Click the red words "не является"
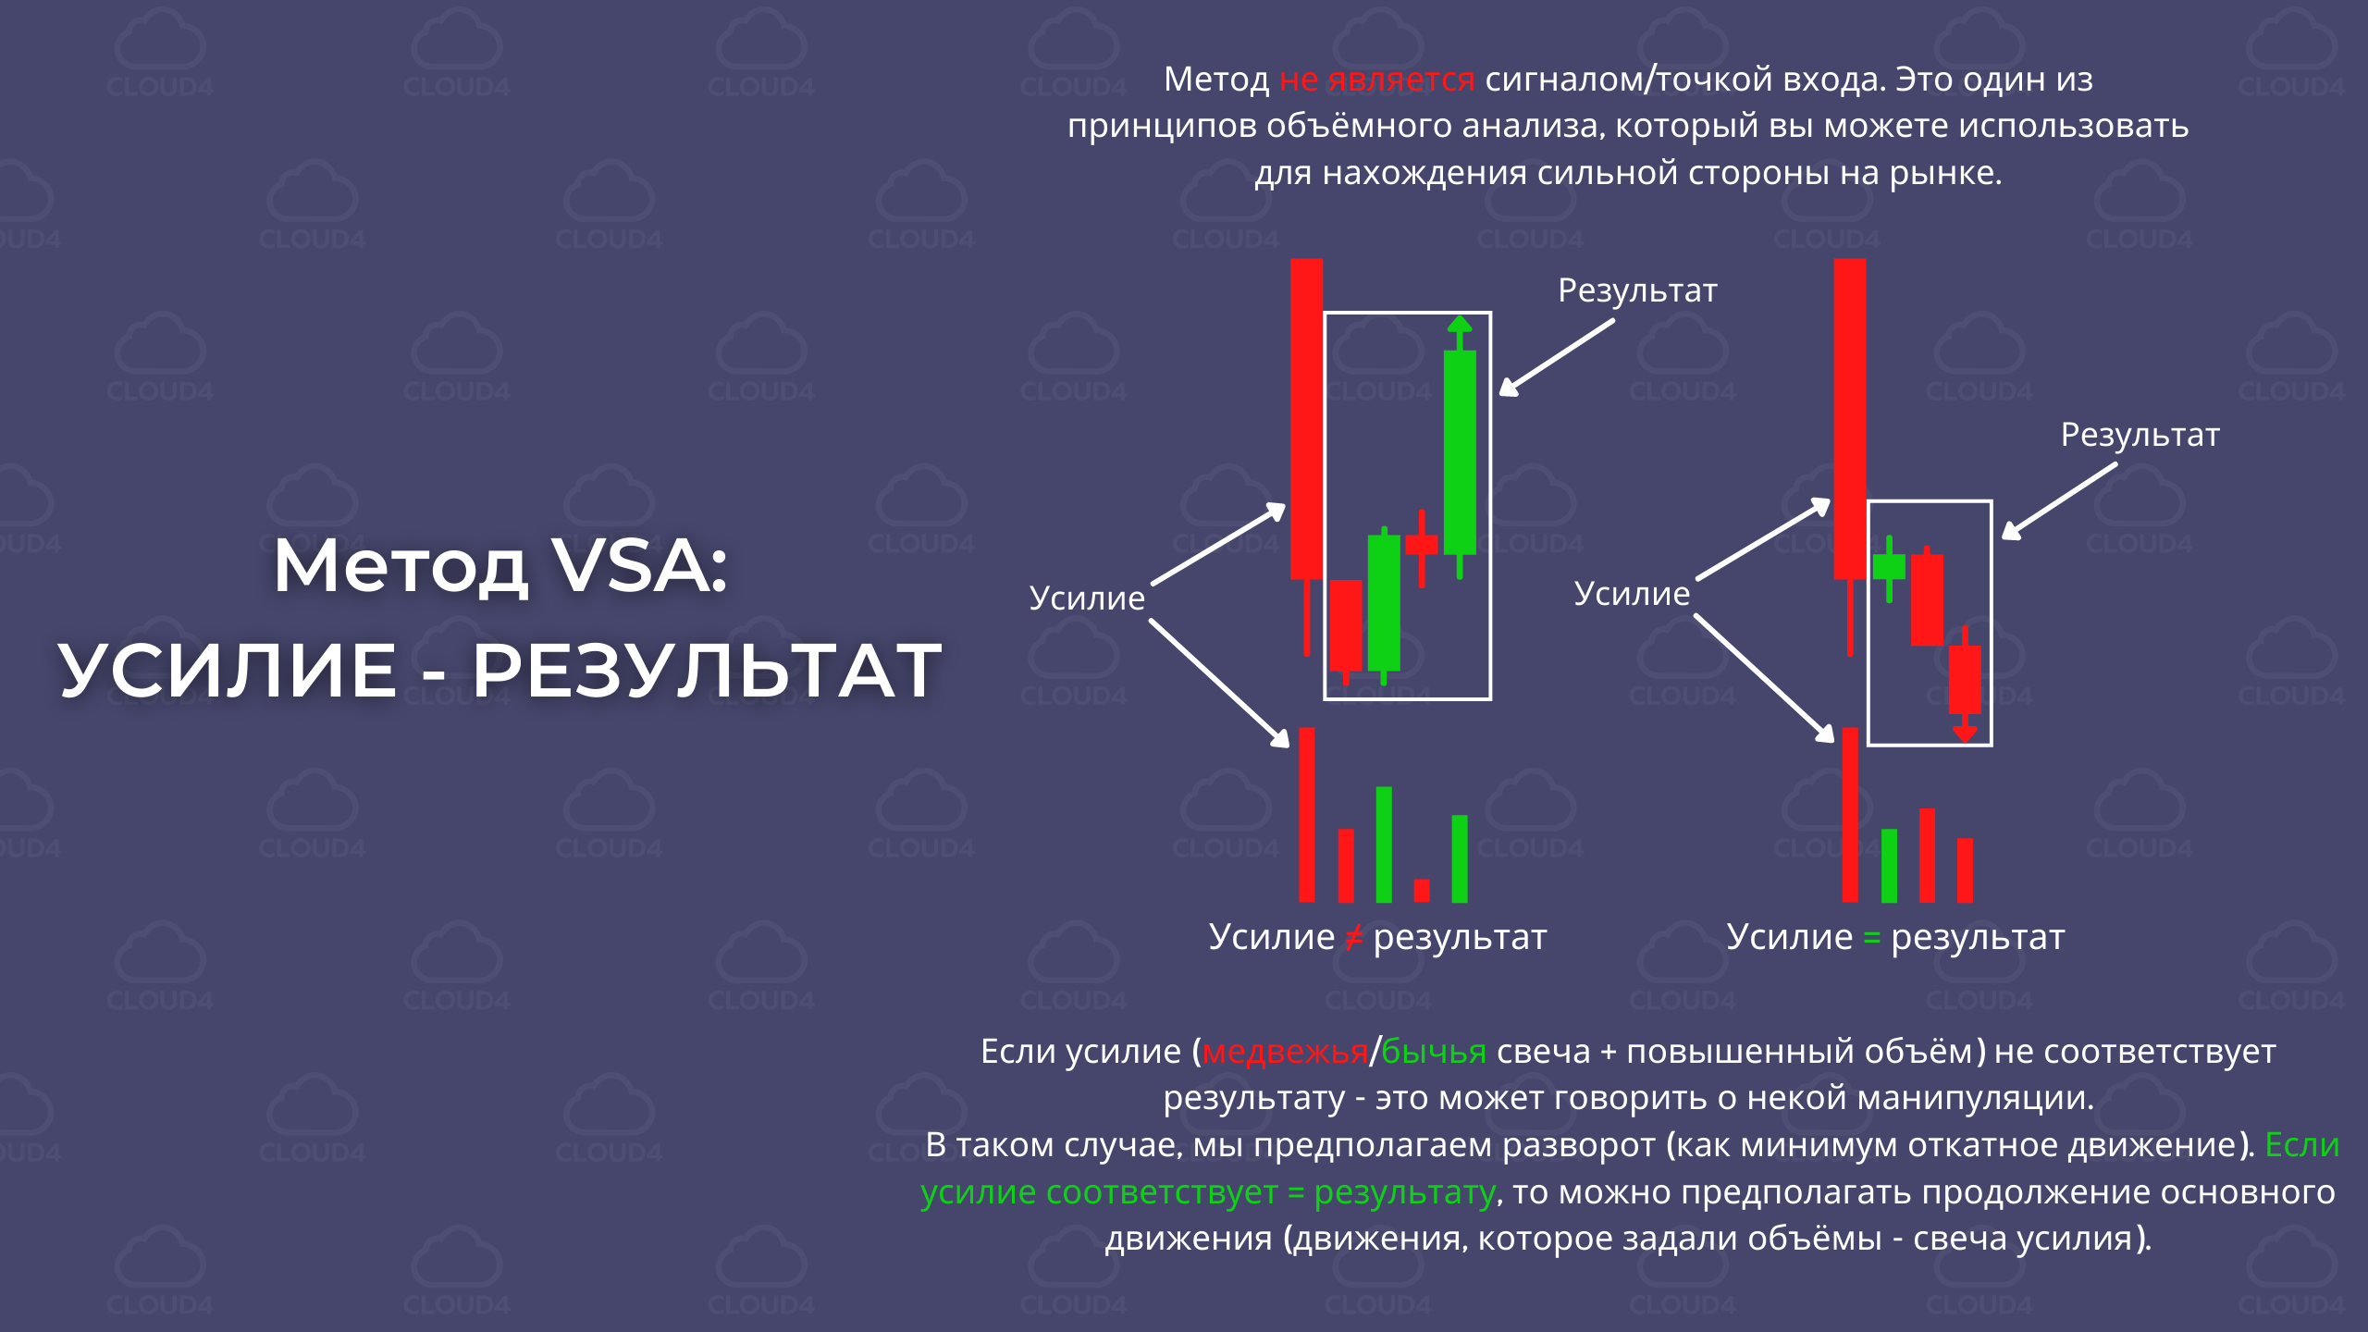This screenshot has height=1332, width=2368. point(1376,80)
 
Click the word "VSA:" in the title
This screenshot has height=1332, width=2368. point(639,565)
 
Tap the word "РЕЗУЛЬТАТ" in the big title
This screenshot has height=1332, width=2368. point(708,670)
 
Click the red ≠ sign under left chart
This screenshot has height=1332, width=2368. point(1353,938)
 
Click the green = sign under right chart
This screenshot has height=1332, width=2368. point(1872,938)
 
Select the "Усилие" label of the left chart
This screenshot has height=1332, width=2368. point(1087,598)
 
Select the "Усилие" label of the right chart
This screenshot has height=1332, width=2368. point(1632,594)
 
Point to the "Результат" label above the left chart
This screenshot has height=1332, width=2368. point(1637,290)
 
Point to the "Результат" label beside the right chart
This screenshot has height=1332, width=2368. point(2140,435)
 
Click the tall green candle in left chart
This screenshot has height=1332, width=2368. point(1460,452)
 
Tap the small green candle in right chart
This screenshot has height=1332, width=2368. point(1889,566)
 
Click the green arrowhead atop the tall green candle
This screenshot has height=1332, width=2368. point(1460,325)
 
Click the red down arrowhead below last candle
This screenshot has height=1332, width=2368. point(1965,734)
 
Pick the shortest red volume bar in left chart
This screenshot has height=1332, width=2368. point(1422,890)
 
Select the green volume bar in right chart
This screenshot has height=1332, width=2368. point(1889,866)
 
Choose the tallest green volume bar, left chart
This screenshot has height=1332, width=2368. point(1384,845)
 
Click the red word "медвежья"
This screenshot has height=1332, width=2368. point(1285,1053)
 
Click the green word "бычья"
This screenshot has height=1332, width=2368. point(1434,1053)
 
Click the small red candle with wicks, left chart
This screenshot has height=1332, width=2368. point(1422,546)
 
